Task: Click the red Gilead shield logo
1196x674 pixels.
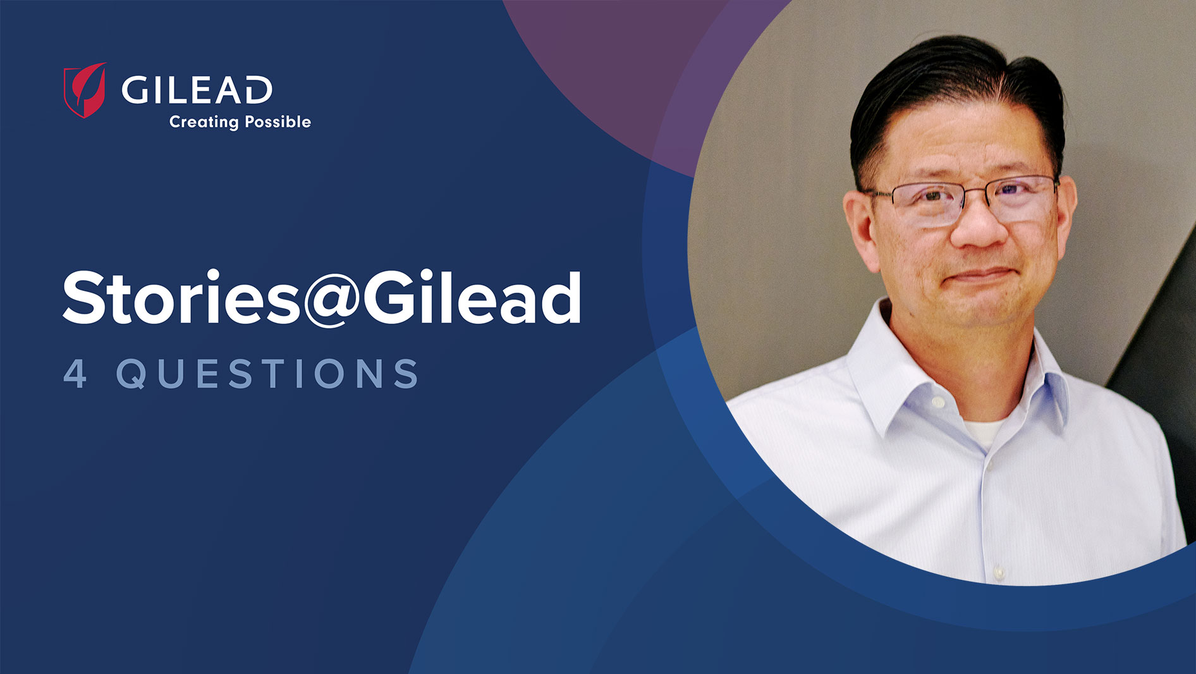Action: [x=85, y=90]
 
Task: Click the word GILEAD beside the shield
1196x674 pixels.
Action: [x=197, y=90]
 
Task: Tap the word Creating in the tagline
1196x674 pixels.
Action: [x=204, y=122]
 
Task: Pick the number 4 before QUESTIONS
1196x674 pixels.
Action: [x=75, y=373]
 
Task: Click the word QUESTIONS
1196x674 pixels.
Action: [x=267, y=373]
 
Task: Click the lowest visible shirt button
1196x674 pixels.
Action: [x=998, y=573]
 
